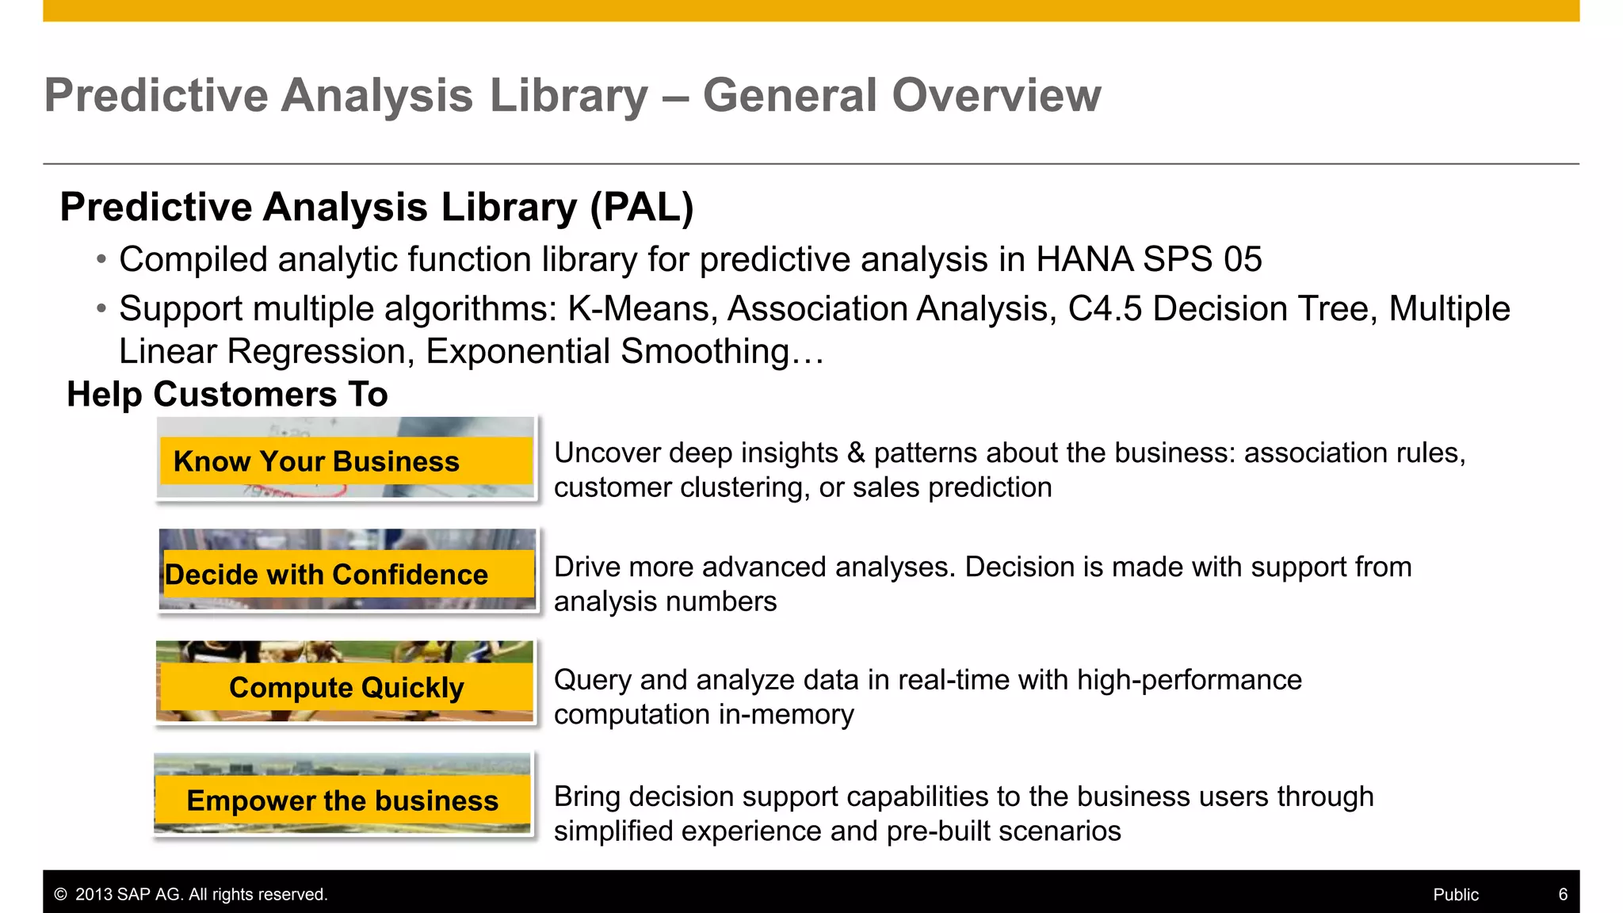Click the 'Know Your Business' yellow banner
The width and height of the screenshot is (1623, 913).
[x=346, y=460]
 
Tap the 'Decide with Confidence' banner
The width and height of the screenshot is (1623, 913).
[x=347, y=574]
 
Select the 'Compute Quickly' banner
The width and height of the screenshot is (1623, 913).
[x=346, y=687]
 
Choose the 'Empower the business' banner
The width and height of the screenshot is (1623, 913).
[x=342, y=800]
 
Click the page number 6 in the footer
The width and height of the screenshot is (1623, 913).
[x=1563, y=895]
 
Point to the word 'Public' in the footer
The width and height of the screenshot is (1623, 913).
[x=1456, y=895]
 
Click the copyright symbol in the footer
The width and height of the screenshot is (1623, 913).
[x=60, y=895]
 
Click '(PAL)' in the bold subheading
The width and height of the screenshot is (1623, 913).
[x=642, y=208]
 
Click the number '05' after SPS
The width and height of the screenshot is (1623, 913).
[x=1242, y=260]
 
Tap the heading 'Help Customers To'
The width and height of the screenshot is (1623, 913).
[x=227, y=394]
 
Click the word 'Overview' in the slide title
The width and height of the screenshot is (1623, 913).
[x=996, y=95]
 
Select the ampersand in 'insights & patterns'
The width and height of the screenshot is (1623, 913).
[x=856, y=453]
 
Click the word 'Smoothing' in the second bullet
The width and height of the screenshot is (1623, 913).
[x=705, y=352]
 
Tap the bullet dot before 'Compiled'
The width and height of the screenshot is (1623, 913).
[x=101, y=260]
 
